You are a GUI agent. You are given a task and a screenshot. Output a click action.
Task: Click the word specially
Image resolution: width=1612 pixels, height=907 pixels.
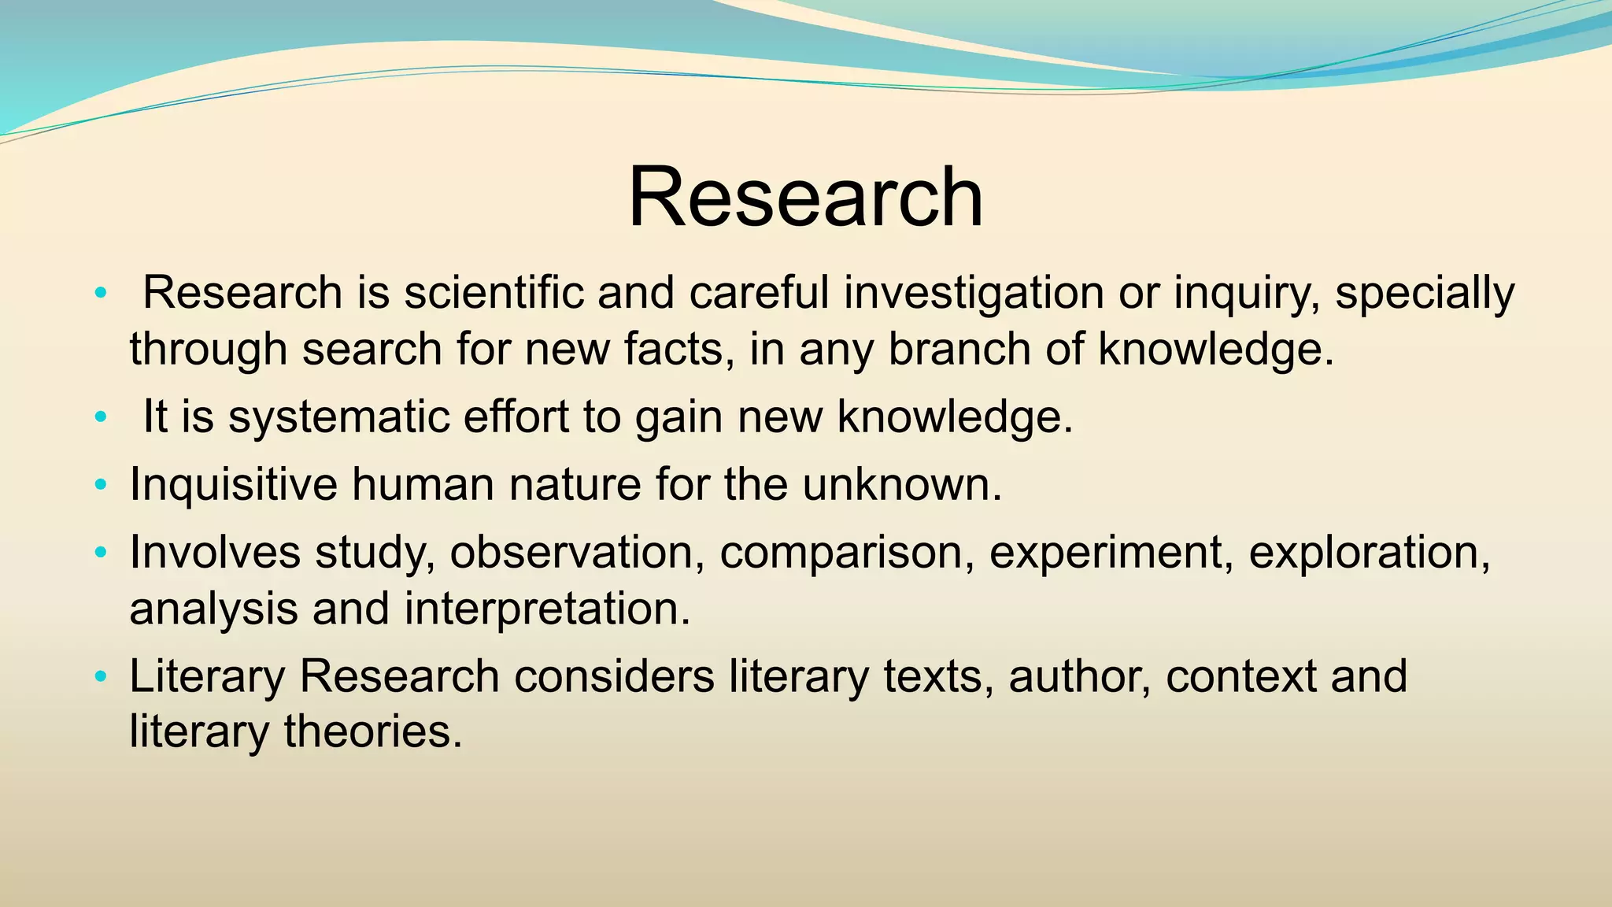(x=1425, y=293)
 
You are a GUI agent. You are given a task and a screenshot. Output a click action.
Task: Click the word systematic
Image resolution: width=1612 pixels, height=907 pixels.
(x=338, y=416)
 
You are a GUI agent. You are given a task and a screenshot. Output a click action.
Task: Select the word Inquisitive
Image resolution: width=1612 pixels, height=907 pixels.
(x=233, y=483)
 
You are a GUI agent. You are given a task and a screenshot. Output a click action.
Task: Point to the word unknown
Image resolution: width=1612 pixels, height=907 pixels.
(x=902, y=483)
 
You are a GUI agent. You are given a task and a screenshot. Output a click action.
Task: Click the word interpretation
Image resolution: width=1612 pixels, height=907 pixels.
(x=548, y=609)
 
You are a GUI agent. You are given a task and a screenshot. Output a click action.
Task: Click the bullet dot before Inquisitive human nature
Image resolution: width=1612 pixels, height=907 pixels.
(x=100, y=485)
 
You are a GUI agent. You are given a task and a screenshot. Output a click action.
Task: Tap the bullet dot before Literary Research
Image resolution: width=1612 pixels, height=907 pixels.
(x=100, y=677)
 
